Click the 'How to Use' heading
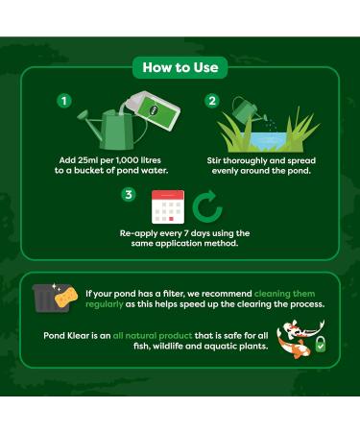pos(180,67)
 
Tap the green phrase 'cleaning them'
pos(284,292)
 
